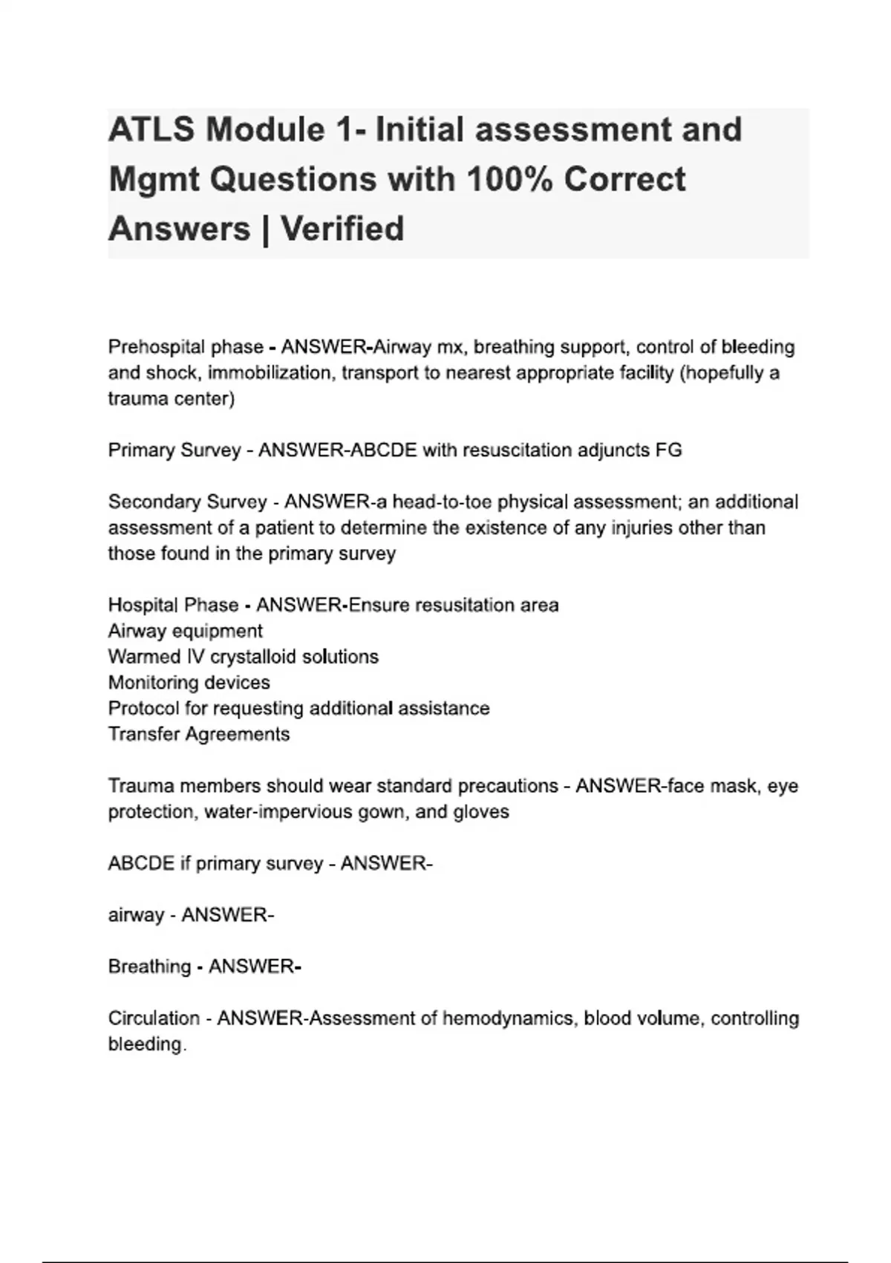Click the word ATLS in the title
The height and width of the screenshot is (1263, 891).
pyautogui.click(x=151, y=130)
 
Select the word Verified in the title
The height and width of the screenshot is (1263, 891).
pyautogui.click(x=342, y=229)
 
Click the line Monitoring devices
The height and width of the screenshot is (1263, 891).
pyautogui.click(x=189, y=683)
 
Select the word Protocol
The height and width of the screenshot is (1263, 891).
pyautogui.click(x=144, y=708)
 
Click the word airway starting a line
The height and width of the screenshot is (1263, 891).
pyautogui.click(x=136, y=915)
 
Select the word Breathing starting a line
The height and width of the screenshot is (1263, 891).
pyautogui.click(x=149, y=967)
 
